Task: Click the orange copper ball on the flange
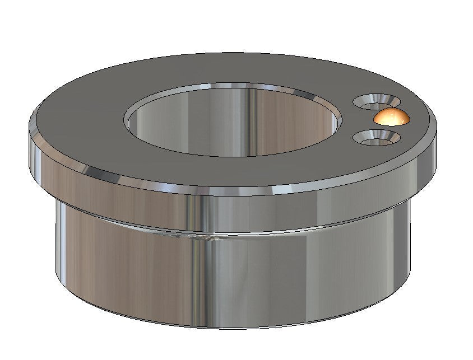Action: tap(391, 118)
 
